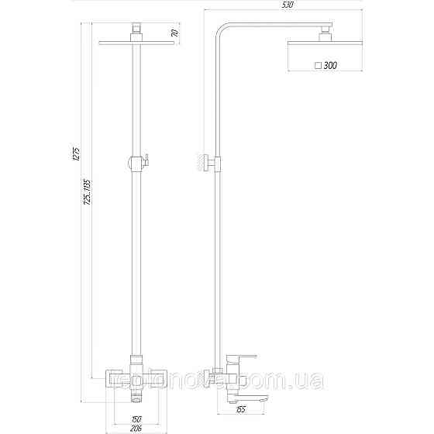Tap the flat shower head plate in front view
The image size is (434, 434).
136,43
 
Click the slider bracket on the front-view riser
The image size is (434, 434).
137,162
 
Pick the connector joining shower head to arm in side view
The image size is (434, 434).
325,32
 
